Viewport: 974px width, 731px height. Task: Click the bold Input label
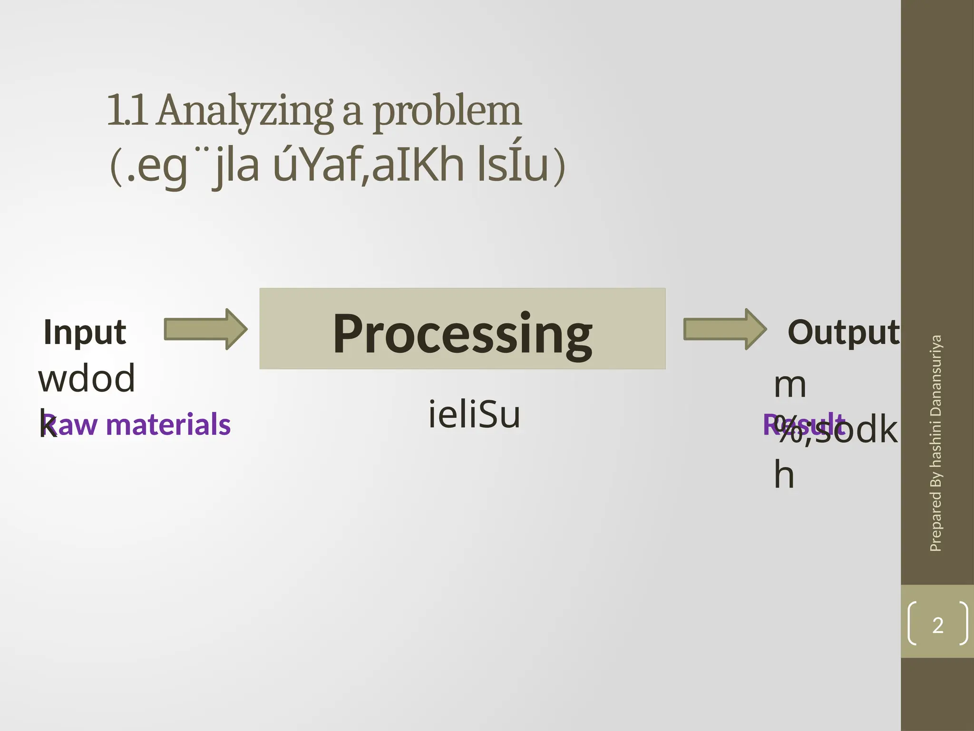coord(85,332)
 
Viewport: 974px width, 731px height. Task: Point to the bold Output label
coord(843,332)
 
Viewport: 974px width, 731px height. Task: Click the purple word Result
coord(804,425)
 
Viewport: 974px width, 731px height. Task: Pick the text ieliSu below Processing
coord(474,415)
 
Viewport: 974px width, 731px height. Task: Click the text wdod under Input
coord(87,378)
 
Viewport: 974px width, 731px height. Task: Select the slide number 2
coord(938,625)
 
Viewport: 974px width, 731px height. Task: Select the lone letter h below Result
coord(784,474)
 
